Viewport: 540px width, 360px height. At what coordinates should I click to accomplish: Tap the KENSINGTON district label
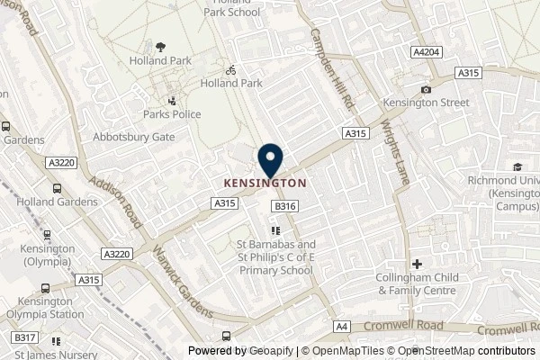click(x=265, y=182)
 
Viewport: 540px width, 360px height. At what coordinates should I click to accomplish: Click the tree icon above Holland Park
click(x=160, y=46)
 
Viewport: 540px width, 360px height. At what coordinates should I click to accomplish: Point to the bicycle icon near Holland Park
click(x=230, y=67)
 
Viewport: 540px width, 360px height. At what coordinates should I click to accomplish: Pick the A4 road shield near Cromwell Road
click(x=343, y=327)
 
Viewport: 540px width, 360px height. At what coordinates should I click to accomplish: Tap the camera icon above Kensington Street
click(x=426, y=89)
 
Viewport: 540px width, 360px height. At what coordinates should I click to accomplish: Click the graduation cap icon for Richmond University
click(x=518, y=166)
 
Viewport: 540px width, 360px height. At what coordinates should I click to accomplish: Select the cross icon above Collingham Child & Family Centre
click(x=418, y=264)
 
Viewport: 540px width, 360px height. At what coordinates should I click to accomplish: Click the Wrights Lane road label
click(x=394, y=144)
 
